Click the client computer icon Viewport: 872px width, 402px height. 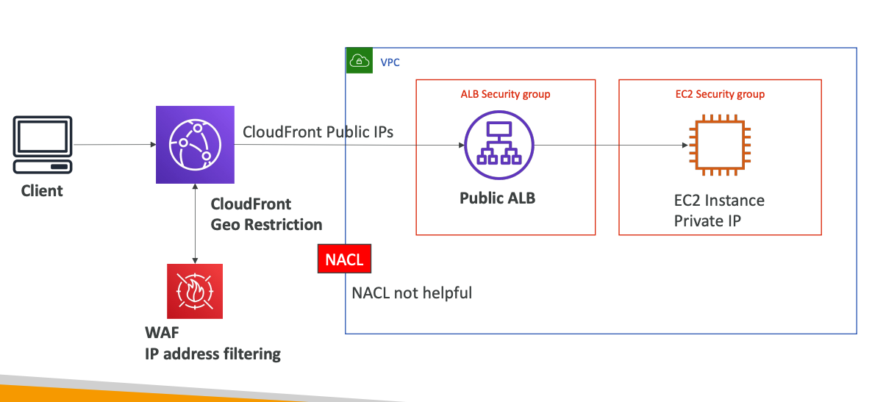pyautogui.click(x=43, y=145)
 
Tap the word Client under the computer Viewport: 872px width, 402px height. pyautogui.click(x=42, y=191)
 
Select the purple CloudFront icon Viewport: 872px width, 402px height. pyautogui.click(x=194, y=145)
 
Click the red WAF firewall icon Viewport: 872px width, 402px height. pyautogui.click(x=194, y=292)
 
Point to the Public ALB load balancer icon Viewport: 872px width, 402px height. pyautogui.click(x=497, y=145)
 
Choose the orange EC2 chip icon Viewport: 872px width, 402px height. pyautogui.click(x=719, y=145)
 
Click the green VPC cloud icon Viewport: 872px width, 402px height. pyautogui.click(x=360, y=61)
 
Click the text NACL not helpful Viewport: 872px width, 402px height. pyautogui.click(x=412, y=293)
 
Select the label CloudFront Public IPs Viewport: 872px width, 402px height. pyautogui.click(x=318, y=132)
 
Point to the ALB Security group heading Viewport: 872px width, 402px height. pyautogui.click(x=505, y=94)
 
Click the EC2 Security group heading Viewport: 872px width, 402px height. pyautogui.click(x=719, y=94)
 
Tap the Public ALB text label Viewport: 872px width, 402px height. pyautogui.click(x=497, y=198)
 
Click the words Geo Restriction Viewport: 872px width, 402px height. pyautogui.click(x=266, y=224)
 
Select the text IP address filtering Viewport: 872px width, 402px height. pyautogui.click(x=212, y=353)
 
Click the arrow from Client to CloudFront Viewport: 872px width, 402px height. pyautogui.click(x=114, y=145)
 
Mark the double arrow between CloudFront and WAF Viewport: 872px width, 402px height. pyautogui.click(x=194, y=223)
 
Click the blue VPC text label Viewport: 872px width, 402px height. pyautogui.click(x=390, y=62)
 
